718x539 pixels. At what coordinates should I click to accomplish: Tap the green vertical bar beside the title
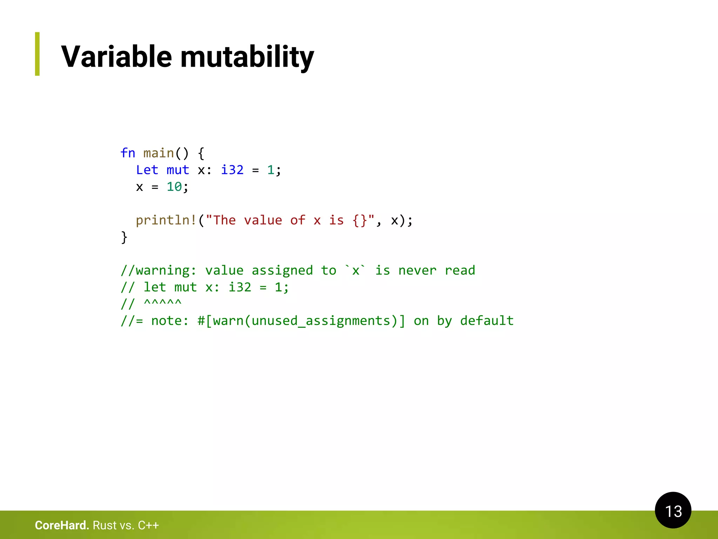tap(37, 54)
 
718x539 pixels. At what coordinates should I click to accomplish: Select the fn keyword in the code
tap(128, 153)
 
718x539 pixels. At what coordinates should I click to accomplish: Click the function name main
tap(158, 153)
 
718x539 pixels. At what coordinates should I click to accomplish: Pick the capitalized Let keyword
tap(147, 170)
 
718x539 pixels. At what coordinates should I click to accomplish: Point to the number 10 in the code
tap(174, 187)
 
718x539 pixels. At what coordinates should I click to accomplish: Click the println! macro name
tap(166, 220)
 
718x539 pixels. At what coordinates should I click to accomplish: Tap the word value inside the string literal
tap(263, 220)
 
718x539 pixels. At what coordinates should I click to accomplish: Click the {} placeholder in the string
tap(360, 220)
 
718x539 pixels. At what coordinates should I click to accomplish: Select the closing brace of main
tap(124, 238)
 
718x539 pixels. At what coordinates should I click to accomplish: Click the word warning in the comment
tap(162, 271)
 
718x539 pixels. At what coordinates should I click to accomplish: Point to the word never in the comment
tap(417, 271)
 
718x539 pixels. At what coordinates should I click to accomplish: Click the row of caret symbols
tap(163, 302)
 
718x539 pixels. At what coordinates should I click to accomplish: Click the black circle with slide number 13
tap(673, 510)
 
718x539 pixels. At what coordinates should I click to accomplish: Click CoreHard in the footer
tap(62, 525)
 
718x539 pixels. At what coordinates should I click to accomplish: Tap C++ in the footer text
tap(148, 525)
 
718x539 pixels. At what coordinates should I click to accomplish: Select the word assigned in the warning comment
tap(282, 271)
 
